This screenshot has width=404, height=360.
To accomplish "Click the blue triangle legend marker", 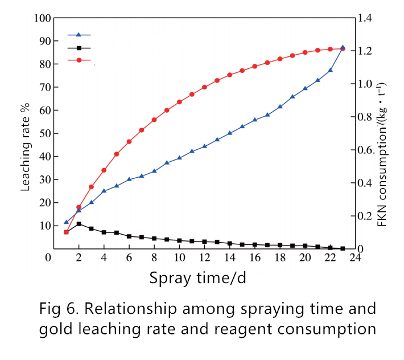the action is [x=79, y=35].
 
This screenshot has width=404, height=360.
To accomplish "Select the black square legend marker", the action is [x=79, y=48].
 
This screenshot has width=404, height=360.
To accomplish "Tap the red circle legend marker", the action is [x=79, y=60].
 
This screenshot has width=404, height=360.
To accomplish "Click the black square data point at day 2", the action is [x=79, y=224].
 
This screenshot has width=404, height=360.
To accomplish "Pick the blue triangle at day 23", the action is [x=343, y=47].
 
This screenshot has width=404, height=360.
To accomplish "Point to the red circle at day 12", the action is [x=205, y=87].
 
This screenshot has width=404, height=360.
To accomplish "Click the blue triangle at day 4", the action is [x=104, y=191].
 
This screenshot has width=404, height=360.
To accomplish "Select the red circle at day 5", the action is [x=117, y=154].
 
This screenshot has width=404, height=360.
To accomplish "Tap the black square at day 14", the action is [x=230, y=243].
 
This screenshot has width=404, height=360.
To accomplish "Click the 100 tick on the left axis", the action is [x=43, y=18].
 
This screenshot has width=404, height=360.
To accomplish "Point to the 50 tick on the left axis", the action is [x=45, y=134].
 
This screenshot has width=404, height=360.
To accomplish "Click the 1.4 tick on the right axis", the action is [x=365, y=18].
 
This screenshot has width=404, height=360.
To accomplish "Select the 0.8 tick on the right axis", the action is [x=365, y=117].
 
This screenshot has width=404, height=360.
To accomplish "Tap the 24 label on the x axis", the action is [x=355, y=257].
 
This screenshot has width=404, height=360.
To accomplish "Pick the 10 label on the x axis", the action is [x=180, y=257].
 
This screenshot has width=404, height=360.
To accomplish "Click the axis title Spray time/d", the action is [x=197, y=278].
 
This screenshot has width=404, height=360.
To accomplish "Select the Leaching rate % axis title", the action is [x=25, y=147].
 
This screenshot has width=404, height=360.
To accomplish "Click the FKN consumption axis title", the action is [x=382, y=155].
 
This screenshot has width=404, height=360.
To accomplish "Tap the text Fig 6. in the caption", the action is [x=59, y=309].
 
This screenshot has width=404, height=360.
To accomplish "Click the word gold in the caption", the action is [x=56, y=329].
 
